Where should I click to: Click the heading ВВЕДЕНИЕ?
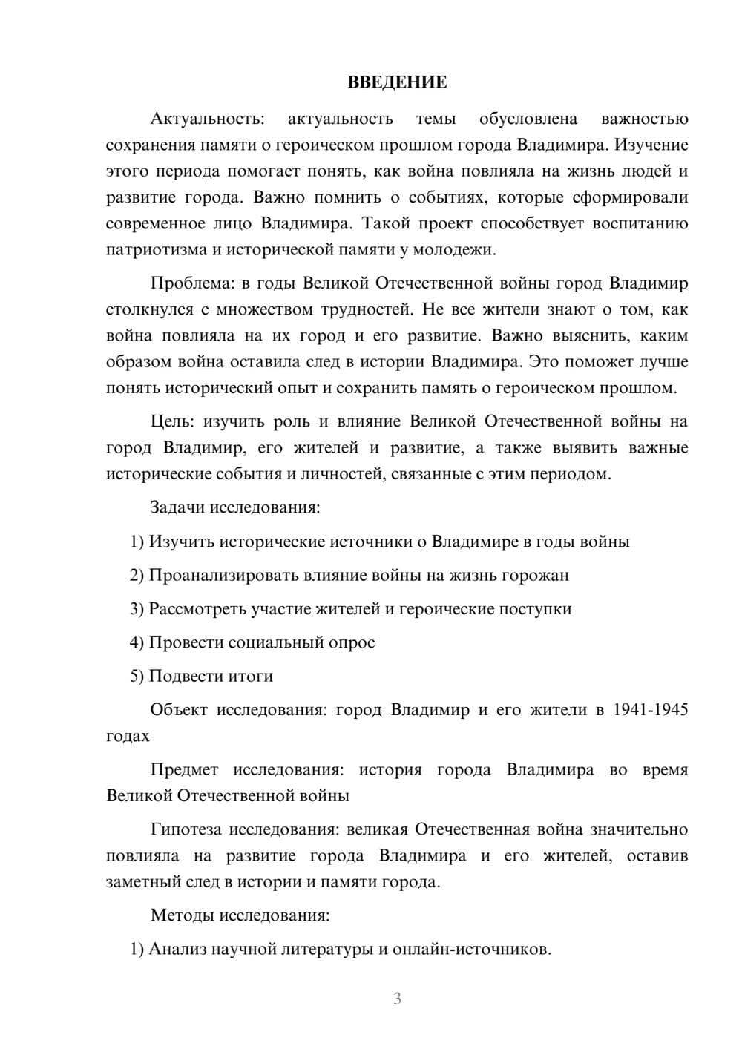397,82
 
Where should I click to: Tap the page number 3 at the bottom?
397,999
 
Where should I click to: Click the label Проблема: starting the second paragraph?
188,283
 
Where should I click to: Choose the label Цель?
172,421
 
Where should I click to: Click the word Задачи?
177,507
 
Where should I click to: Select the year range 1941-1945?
651,709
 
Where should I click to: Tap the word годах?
128,736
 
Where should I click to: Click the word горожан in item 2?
535,575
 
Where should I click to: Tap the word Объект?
180,709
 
